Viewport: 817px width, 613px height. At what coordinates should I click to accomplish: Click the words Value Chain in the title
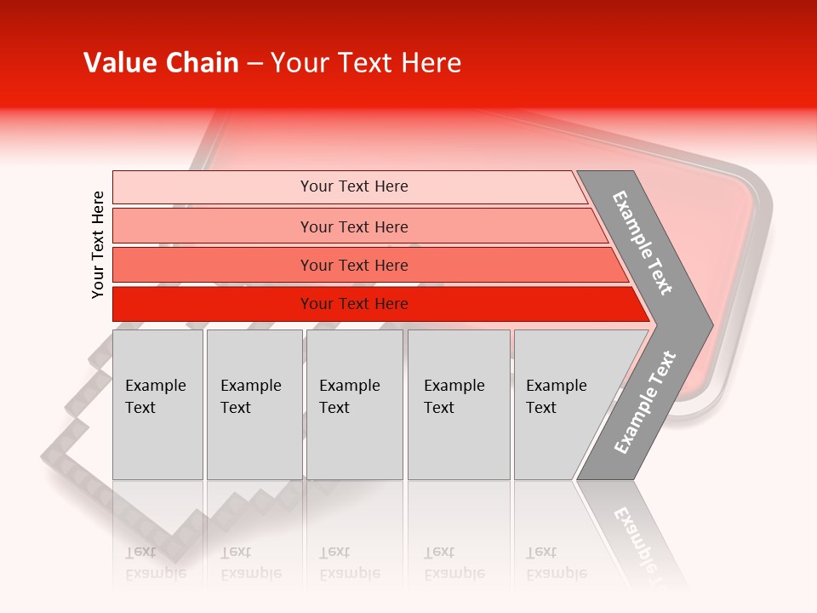(x=161, y=63)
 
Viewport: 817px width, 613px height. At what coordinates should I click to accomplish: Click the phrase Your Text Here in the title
(x=366, y=63)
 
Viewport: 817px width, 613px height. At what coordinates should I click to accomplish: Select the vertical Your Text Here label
(x=98, y=244)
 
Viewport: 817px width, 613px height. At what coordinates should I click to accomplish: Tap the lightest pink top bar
(x=213, y=187)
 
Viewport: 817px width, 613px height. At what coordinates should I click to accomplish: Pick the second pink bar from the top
(x=213, y=226)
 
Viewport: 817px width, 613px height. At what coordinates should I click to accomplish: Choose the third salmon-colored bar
(x=213, y=265)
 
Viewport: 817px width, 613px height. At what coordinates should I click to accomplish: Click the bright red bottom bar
(x=213, y=304)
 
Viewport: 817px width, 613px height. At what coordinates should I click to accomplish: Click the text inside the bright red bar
(x=354, y=304)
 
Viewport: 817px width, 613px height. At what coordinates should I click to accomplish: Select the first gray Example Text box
(x=157, y=404)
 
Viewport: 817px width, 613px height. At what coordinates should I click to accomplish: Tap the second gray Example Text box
(x=254, y=404)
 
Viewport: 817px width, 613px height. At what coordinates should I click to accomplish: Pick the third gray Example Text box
(x=354, y=404)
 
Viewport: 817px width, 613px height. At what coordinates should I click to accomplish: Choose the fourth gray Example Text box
(x=459, y=404)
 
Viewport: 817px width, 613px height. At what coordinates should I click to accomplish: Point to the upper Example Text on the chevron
(x=643, y=243)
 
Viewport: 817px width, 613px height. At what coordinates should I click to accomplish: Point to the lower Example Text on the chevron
(x=645, y=402)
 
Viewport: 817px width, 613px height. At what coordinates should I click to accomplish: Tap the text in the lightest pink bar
(x=354, y=186)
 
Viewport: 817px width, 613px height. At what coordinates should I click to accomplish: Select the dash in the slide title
(x=254, y=64)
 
